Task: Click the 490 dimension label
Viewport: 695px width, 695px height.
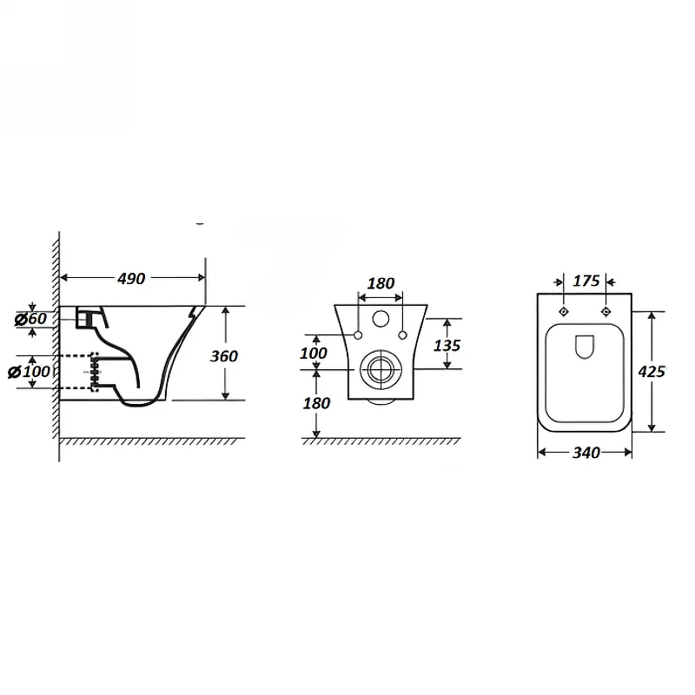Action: point(131,278)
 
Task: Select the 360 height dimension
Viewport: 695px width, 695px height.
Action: point(224,356)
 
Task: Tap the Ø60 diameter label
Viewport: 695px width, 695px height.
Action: point(30,318)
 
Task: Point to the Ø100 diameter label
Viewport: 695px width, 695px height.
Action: point(30,372)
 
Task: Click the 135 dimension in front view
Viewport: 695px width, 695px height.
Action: point(447,345)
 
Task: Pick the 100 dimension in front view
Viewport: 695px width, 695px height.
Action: point(314,354)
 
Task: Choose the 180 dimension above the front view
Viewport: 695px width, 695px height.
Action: point(381,283)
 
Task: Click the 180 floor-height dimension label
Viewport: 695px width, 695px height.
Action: point(316,403)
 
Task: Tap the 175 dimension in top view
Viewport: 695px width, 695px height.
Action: point(586,281)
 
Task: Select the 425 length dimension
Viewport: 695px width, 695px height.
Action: point(652,372)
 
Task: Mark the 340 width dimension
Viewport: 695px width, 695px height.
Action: point(586,453)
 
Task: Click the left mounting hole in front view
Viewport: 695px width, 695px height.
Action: point(358,335)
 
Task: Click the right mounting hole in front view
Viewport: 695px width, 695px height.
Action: point(402,335)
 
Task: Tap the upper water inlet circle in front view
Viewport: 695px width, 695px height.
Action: point(381,319)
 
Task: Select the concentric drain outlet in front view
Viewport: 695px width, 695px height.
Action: point(381,369)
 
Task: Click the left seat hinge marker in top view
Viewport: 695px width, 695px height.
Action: point(563,312)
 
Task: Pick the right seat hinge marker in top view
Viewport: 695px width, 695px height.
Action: point(606,312)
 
